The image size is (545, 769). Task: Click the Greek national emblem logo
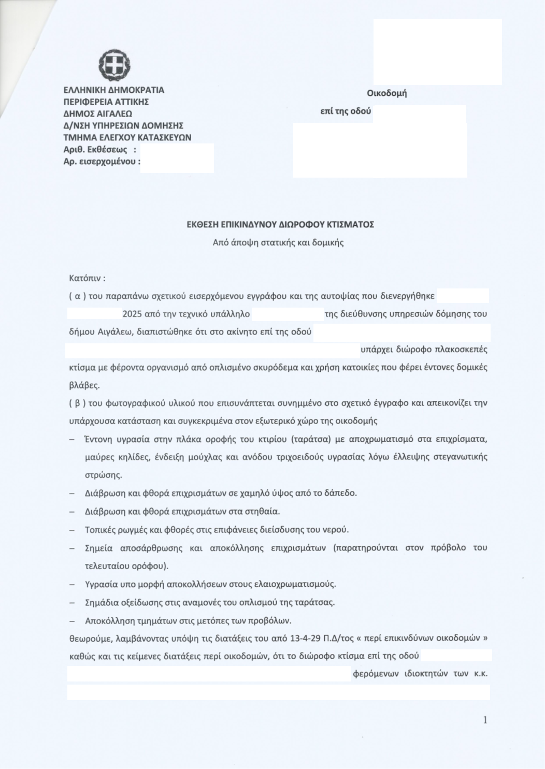(x=114, y=65)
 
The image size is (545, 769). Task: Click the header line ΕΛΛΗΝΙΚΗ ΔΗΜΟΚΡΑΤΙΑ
(x=113, y=90)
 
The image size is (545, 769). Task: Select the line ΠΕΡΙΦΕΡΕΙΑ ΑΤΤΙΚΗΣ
(x=106, y=102)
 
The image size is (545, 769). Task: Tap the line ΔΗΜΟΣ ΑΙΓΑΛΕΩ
(x=97, y=114)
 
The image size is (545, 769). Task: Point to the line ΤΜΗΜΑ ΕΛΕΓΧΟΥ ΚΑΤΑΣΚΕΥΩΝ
(x=127, y=138)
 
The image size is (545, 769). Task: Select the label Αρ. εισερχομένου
(x=102, y=162)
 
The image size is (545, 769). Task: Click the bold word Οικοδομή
(x=386, y=94)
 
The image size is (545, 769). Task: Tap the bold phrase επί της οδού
(x=346, y=111)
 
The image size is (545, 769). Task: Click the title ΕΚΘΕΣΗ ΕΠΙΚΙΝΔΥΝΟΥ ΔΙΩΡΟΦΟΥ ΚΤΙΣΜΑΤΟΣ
(x=280, y=225)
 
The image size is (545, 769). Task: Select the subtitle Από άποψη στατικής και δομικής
(x=278, y=242)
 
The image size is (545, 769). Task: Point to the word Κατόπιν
(x=87, y=278)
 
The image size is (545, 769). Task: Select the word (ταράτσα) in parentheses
(x=311, y=439)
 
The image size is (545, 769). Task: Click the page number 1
(x=485, y=720)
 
